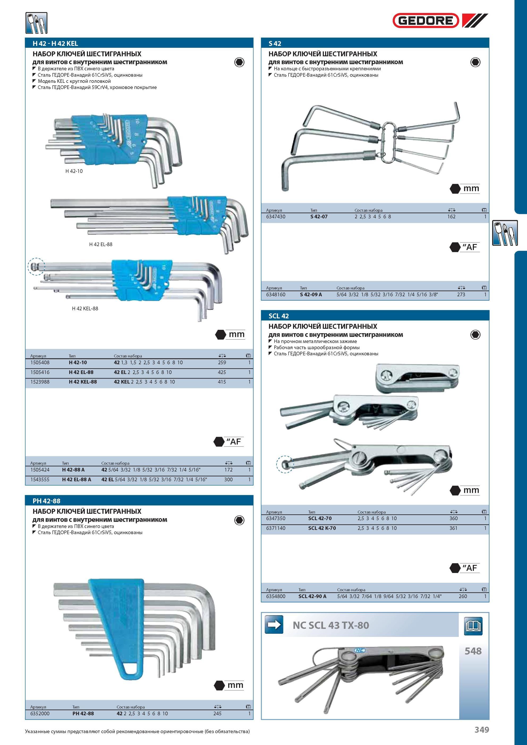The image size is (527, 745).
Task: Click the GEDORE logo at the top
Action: pyautogui.click(x=440, y=21)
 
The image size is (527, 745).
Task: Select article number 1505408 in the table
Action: pyautogui.click(x=40, y=362)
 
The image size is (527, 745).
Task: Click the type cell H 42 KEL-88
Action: pyautogui.click(x=83, y=382)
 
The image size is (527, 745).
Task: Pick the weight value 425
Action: pyautogui.click(x=222, y=372)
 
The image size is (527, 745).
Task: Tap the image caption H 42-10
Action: pyautogui.click(x=74, y=171)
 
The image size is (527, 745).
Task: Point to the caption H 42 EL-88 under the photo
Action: pyautogui.click(x=101, y=244)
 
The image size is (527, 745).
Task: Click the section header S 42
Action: pyautogui.click(x=275, y=44)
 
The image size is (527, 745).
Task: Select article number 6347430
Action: pyautogui.click(x=276, y=216)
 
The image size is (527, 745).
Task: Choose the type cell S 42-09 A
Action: pyautogui.click(x=311, y=295)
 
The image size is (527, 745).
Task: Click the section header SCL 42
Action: pyautogui.click(x=279, y=316)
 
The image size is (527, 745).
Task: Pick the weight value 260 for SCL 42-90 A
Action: pyautogui.click(x=463, y=596)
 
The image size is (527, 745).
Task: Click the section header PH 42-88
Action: pyautogui.click(x=46, y=501)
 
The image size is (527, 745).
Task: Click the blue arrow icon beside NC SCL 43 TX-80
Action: pyautogui.click(x=274, y=625)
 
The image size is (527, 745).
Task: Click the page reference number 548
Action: pyautogui.click(x=473, y=651)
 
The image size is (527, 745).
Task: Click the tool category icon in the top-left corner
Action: pyautogui.click(x=36, y=23)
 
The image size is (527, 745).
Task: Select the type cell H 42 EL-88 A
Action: pyautogui.click(x=76, y=479)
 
